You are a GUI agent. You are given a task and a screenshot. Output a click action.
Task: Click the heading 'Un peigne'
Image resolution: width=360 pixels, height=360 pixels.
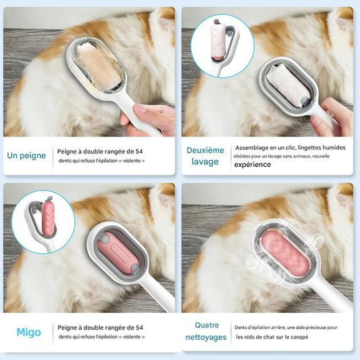pos(27,155)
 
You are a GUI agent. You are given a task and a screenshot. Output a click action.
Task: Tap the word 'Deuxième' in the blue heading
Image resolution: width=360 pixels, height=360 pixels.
pos(205,150)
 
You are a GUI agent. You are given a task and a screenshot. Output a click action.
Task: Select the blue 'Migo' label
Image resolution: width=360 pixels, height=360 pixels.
pos(29,332)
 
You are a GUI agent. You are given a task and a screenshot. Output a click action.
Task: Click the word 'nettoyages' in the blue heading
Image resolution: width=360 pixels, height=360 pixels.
pos(206,337)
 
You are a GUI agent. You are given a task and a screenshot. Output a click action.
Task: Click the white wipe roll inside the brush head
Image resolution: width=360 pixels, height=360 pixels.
pos(284,86)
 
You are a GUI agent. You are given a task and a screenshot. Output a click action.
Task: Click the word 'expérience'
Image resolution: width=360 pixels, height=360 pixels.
pos(253,163)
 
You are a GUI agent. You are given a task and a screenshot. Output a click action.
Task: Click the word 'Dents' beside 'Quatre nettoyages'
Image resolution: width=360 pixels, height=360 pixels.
pos(242,327)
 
